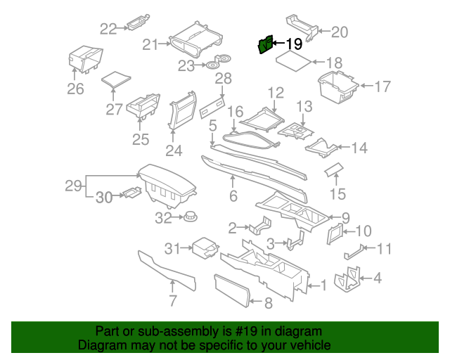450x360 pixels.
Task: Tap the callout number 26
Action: pos(75,89)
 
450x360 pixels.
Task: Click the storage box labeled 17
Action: pos(337,86)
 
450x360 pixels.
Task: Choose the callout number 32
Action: pos(163,219)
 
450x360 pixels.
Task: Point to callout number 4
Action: pos(378,278)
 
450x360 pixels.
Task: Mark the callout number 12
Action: pos(275,93)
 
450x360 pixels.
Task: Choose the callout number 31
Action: pos(172,247)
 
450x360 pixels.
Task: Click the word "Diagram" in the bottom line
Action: pos(100,346)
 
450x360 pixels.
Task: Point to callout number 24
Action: pos(173,150)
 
